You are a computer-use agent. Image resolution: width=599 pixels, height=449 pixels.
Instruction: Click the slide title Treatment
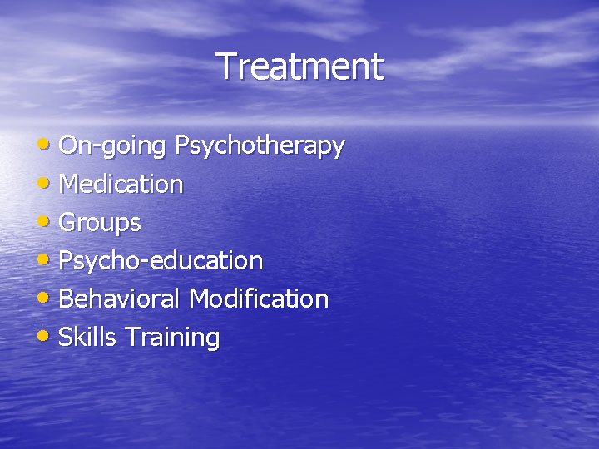coord(299,67)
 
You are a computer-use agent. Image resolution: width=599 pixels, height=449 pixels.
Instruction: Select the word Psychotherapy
coord(259,146)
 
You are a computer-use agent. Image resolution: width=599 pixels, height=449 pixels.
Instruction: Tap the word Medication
coord(121,184)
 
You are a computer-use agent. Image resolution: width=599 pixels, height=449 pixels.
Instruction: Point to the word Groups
coord(100,223)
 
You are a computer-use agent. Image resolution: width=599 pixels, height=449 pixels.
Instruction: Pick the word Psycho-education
coord(161,261)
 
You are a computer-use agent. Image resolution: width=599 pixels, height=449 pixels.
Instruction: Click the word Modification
coord(259,299)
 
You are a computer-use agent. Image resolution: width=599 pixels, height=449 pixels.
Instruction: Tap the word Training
coord(172,338)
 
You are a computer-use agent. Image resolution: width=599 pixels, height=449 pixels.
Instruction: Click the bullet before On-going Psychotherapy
coord(48,145)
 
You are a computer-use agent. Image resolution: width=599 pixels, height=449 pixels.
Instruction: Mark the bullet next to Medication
coord(48,183)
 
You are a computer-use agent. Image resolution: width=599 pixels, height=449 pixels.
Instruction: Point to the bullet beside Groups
coord(48,221)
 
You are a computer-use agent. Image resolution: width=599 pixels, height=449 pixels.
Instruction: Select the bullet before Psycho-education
coord(48,259)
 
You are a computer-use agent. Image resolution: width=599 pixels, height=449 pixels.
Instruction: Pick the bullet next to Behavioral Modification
coord(48,298)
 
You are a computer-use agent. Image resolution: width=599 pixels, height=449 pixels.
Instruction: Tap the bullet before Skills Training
coord(48,336)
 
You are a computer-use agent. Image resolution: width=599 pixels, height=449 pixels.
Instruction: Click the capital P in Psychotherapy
coord(181,146)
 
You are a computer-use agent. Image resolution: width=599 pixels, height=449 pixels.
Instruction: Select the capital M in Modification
coord(199,299)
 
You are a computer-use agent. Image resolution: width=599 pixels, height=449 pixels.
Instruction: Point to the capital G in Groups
coord(68,222)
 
